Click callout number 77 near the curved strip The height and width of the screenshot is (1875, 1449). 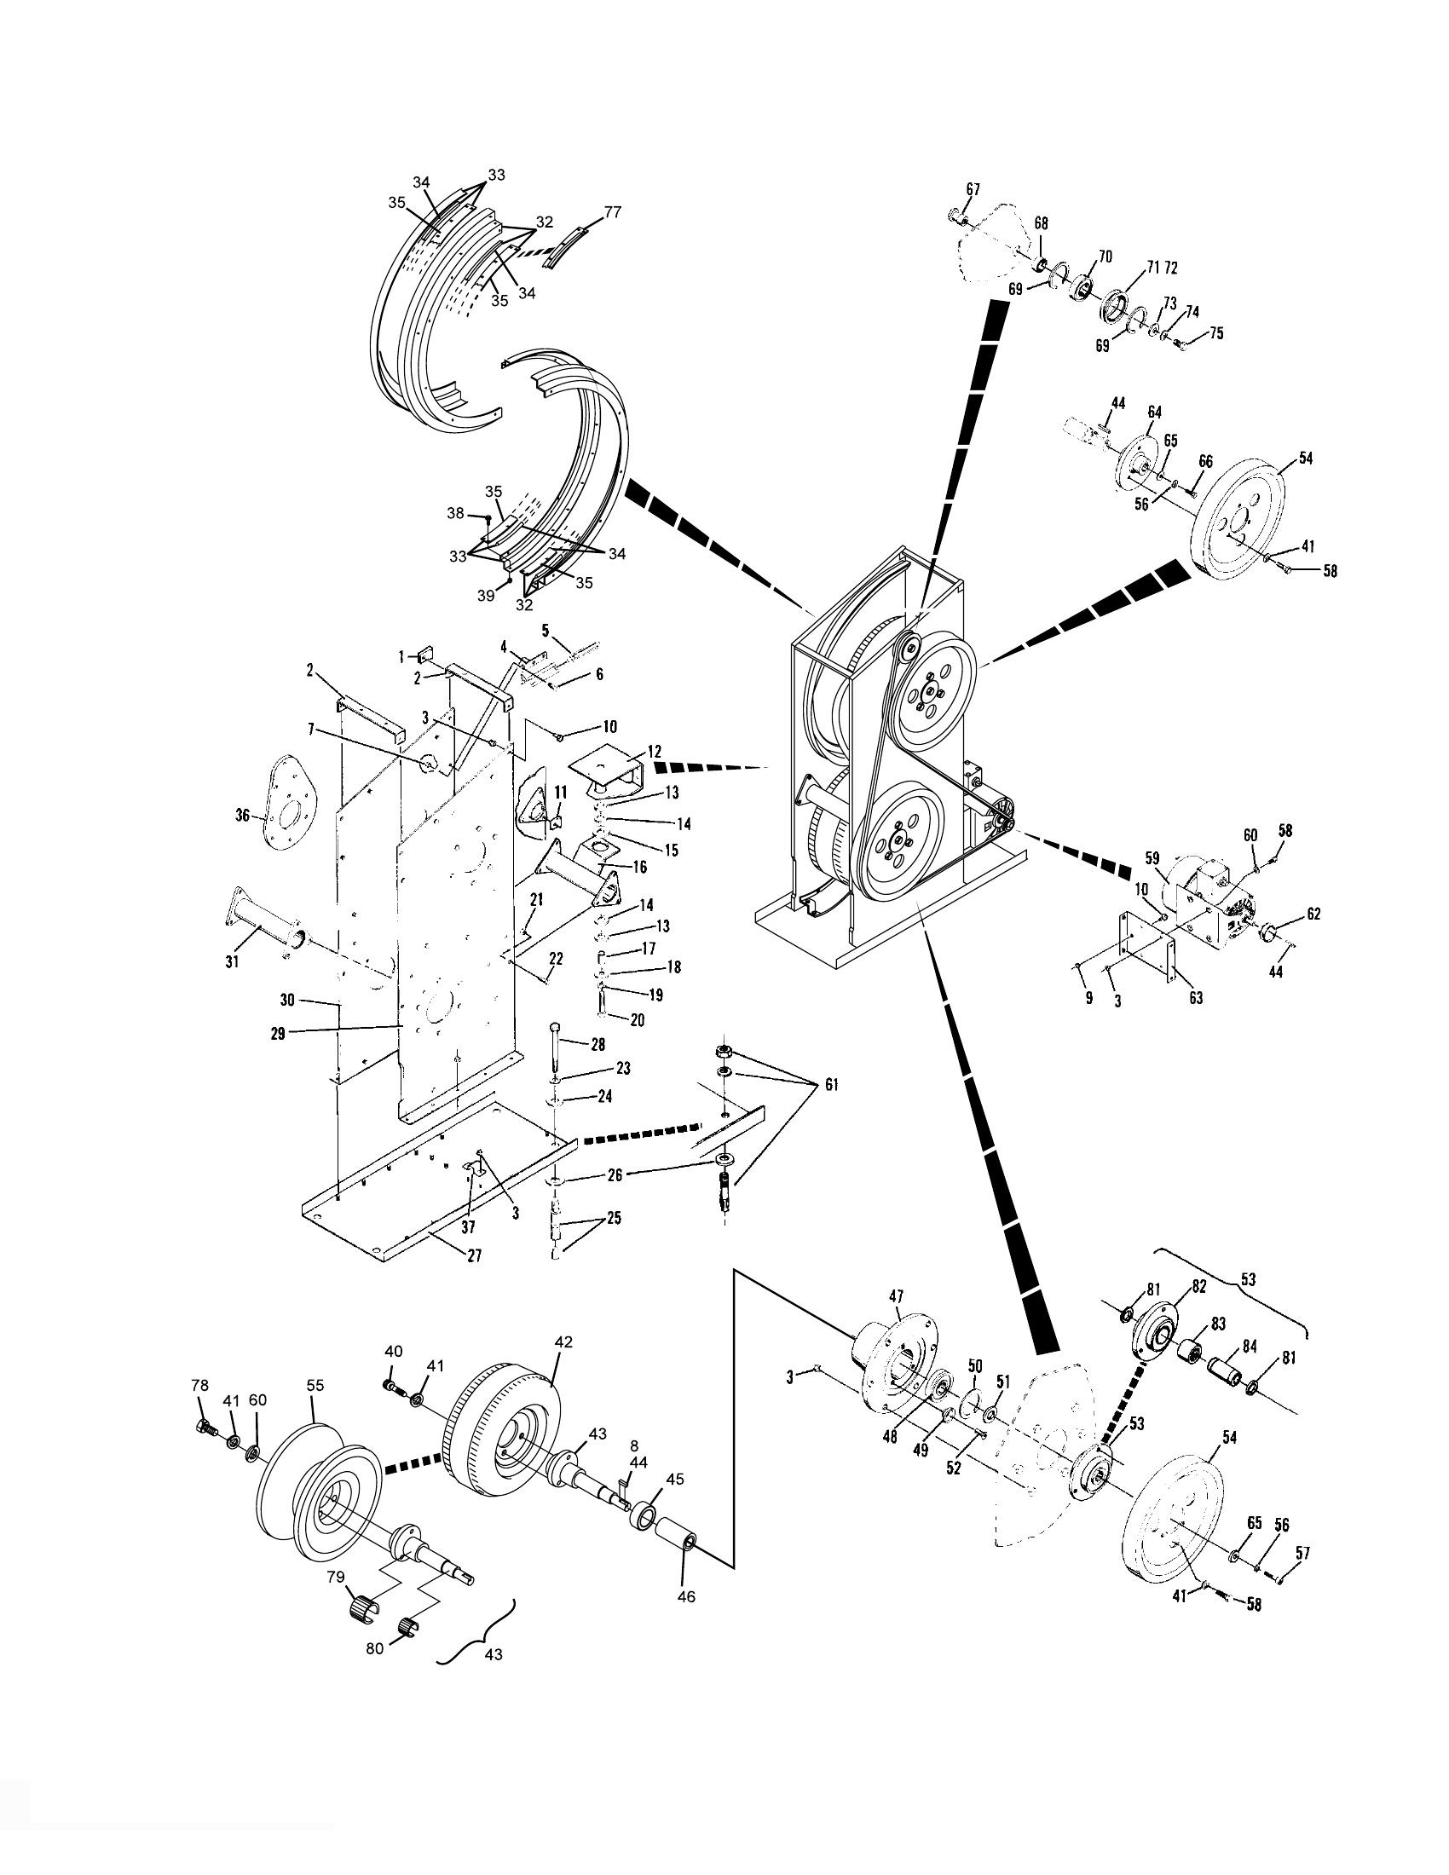(x=613, y=212)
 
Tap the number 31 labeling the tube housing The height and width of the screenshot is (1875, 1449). (x=232, y=961)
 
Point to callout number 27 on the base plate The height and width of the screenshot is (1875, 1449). (x=473, y=1255)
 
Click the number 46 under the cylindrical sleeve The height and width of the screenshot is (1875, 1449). (x=686, y=1596)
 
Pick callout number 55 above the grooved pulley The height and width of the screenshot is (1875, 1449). (x=315, y=1386)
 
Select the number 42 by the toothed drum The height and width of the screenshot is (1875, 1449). (x=563, y=1341)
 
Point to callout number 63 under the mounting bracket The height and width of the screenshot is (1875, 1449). (x=1195, y=999)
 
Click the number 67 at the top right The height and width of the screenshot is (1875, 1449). (x=973, y=189)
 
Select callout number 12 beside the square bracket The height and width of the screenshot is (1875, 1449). (x=655, y=749)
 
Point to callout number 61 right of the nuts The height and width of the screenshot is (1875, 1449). (x=831, y=1086)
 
